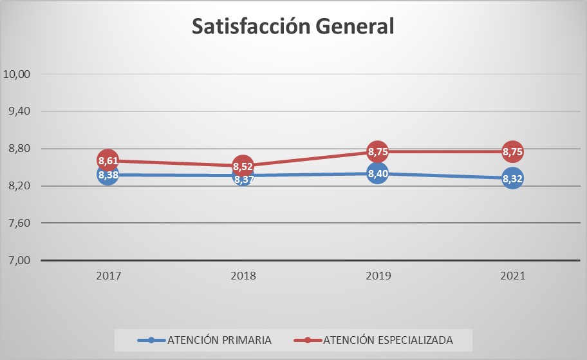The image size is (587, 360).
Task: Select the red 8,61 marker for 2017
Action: [108, 160]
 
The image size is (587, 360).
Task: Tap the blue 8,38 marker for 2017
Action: [108, 175]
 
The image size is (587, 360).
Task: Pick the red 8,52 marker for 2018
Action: [243, 166]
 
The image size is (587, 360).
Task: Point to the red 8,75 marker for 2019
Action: [377, 151]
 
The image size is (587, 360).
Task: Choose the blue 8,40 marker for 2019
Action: [377, 173]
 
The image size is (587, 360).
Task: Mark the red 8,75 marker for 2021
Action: [512, 151]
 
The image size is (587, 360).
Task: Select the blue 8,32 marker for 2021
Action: [512, 178]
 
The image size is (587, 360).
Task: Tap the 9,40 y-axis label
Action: [19, 111]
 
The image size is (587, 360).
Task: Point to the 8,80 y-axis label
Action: [19, 149]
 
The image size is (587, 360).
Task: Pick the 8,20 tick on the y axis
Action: [19, 186]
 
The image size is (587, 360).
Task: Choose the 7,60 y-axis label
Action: [19, 223]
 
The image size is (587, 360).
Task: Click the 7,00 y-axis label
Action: [19, 261]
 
